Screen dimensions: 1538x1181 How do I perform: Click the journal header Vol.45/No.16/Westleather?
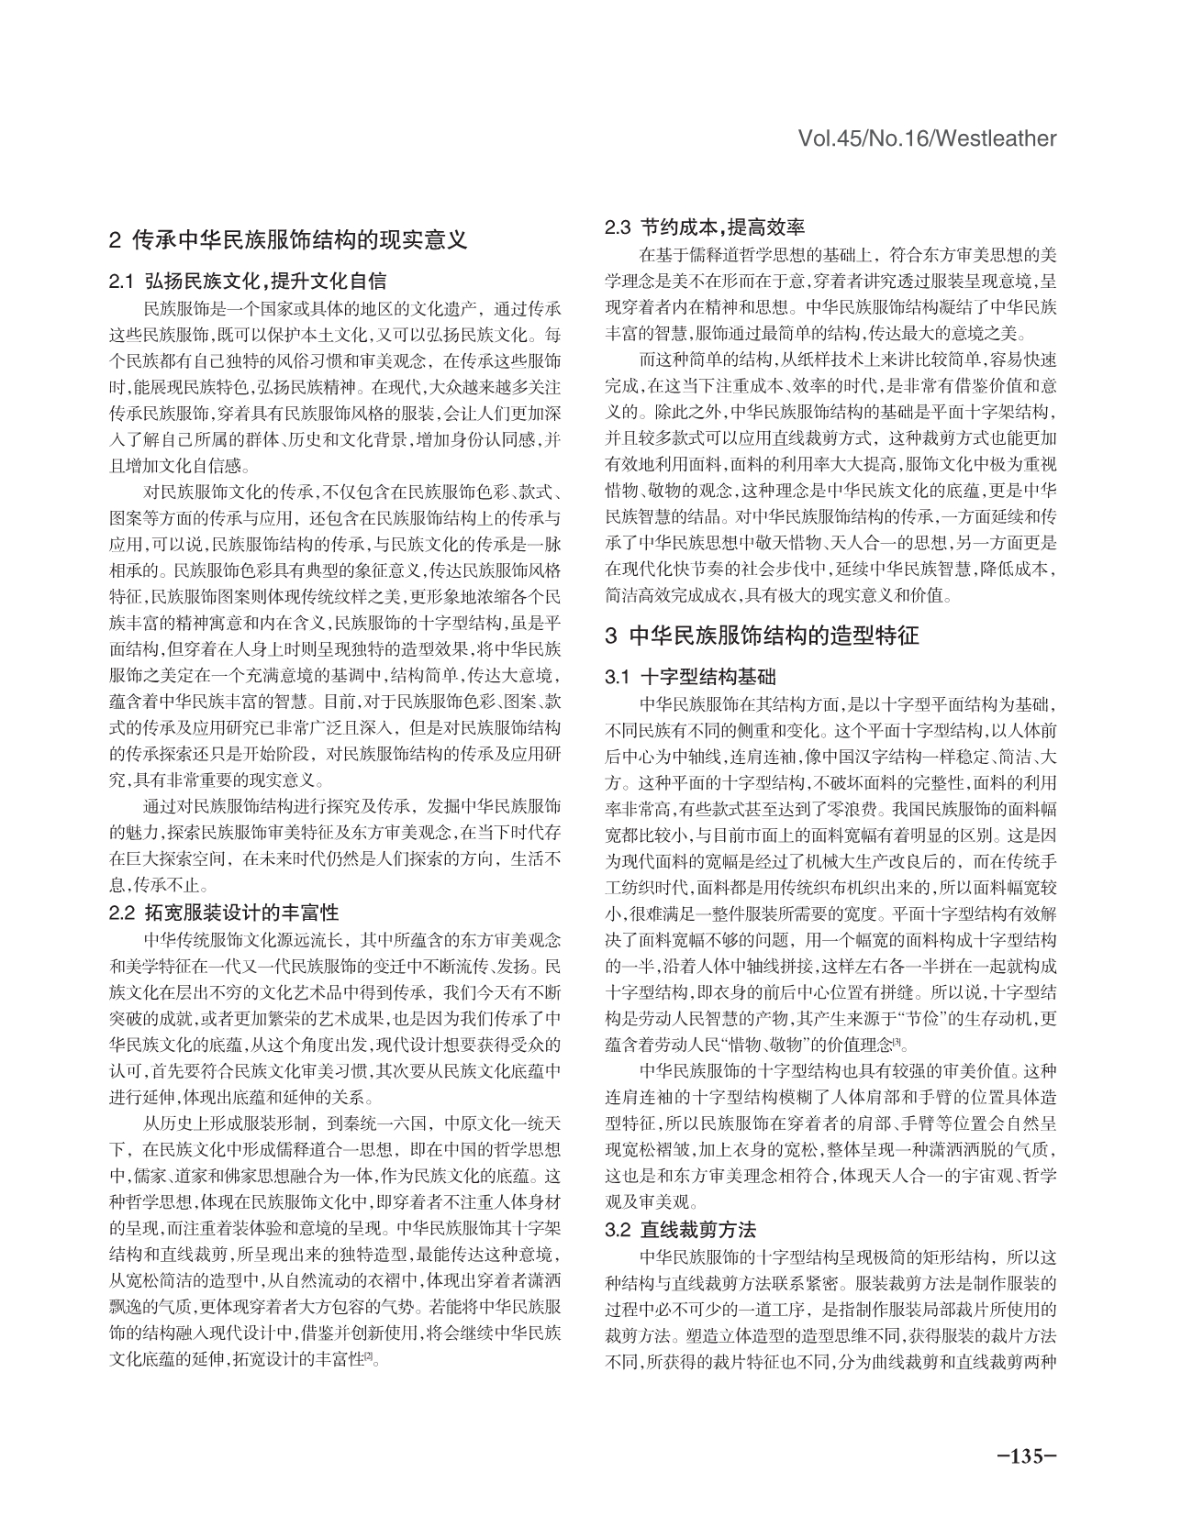tap(927, 138)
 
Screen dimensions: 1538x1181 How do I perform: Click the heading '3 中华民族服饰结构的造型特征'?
tap(762, 636)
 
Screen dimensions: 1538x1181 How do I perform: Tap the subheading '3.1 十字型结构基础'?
tap(690, 678)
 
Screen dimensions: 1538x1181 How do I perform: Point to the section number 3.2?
tap(618, 1230)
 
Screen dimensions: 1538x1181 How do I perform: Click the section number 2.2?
tap(122, 913)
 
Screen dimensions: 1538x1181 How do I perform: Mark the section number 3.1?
tap(618, 678)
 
